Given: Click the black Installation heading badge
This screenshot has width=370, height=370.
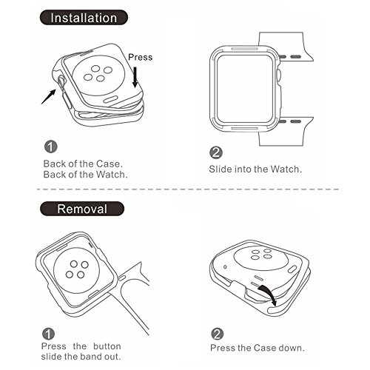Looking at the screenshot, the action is [84, 18].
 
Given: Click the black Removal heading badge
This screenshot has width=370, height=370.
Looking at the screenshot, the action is [82, 209].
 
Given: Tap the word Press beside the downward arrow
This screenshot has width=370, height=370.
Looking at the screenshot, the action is [140, 57].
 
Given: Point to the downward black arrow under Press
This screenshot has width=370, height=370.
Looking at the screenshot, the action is [135, 77].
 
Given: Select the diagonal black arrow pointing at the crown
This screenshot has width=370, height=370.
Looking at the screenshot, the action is [49, 97].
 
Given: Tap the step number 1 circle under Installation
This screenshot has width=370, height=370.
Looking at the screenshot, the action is [51, 147].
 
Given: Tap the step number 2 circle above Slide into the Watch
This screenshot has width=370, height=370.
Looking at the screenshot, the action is [216, 152].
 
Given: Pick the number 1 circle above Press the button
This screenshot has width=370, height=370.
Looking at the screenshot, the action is [48, 334].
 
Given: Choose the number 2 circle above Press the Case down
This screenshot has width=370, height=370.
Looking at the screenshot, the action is [218, 334].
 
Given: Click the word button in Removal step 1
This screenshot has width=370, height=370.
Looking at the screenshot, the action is [107, 346].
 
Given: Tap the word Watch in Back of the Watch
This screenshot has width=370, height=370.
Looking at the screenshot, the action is [112, 175].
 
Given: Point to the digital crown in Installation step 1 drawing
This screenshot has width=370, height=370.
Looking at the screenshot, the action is [61, 81].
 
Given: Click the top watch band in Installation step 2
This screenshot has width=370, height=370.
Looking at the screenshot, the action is [286, 47].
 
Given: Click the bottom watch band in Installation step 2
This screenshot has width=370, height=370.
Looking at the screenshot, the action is [286, 132].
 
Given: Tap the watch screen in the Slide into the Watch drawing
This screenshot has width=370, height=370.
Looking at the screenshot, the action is [246, 89].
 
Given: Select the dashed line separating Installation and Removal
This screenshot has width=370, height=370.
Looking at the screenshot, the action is [188, 189].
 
